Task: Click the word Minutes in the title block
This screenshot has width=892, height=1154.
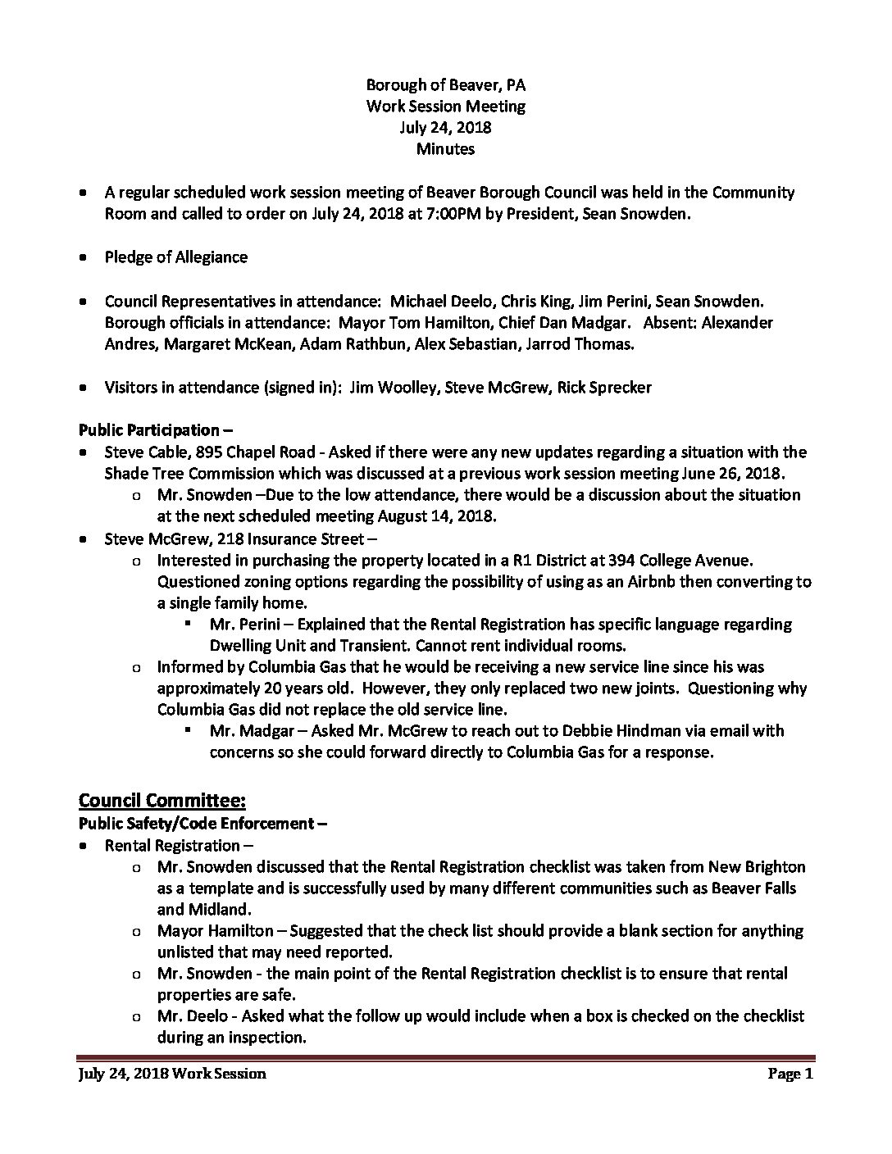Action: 445,148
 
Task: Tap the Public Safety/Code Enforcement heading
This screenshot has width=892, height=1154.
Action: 203,823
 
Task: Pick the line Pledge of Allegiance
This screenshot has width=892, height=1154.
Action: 175,257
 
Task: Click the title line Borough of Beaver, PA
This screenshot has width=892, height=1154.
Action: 445,84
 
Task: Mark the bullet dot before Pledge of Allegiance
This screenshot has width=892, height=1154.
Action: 84,257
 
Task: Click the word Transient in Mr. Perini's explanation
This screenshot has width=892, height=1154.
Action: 348,646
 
